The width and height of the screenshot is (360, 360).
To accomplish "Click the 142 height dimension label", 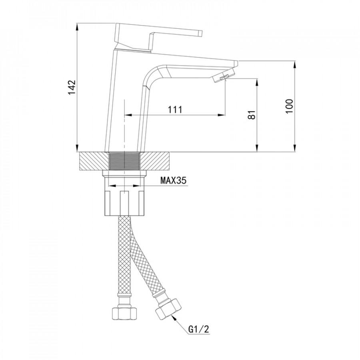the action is click(72, 87).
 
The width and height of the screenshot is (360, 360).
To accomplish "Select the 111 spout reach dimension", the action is click(175, 110).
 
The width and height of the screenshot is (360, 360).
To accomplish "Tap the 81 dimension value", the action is click(252, 114).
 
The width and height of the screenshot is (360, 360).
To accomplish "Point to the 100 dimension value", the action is click(290, 106).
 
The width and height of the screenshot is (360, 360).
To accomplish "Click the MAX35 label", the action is click(173, 181).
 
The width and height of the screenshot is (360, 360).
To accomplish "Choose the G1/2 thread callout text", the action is click(199, 330).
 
